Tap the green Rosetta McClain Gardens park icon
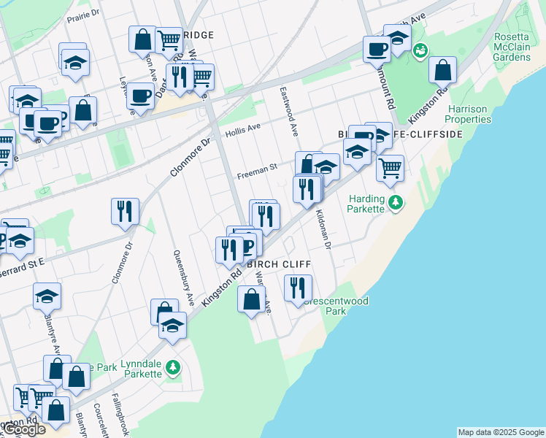pos(420,51)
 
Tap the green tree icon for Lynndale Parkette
pos(173,366)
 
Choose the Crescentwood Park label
pos(336,306)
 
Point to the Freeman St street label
pos(257,172)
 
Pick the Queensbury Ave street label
pos(183,277)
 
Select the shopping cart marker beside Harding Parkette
pos(391,169)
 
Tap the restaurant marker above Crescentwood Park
pos(297,288)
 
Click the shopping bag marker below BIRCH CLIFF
pos(251,299)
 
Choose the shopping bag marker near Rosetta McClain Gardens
pos(442,70)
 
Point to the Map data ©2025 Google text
pos(501,432)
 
